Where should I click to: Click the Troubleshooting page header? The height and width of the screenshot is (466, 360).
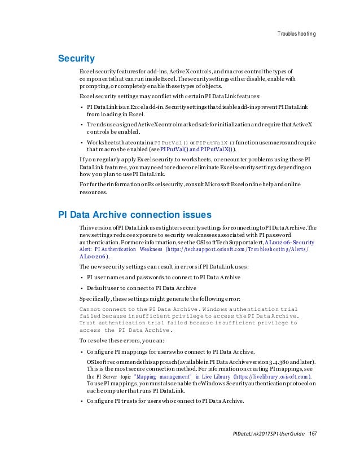(296, 34)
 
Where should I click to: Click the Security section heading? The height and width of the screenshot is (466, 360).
(77, 58)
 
